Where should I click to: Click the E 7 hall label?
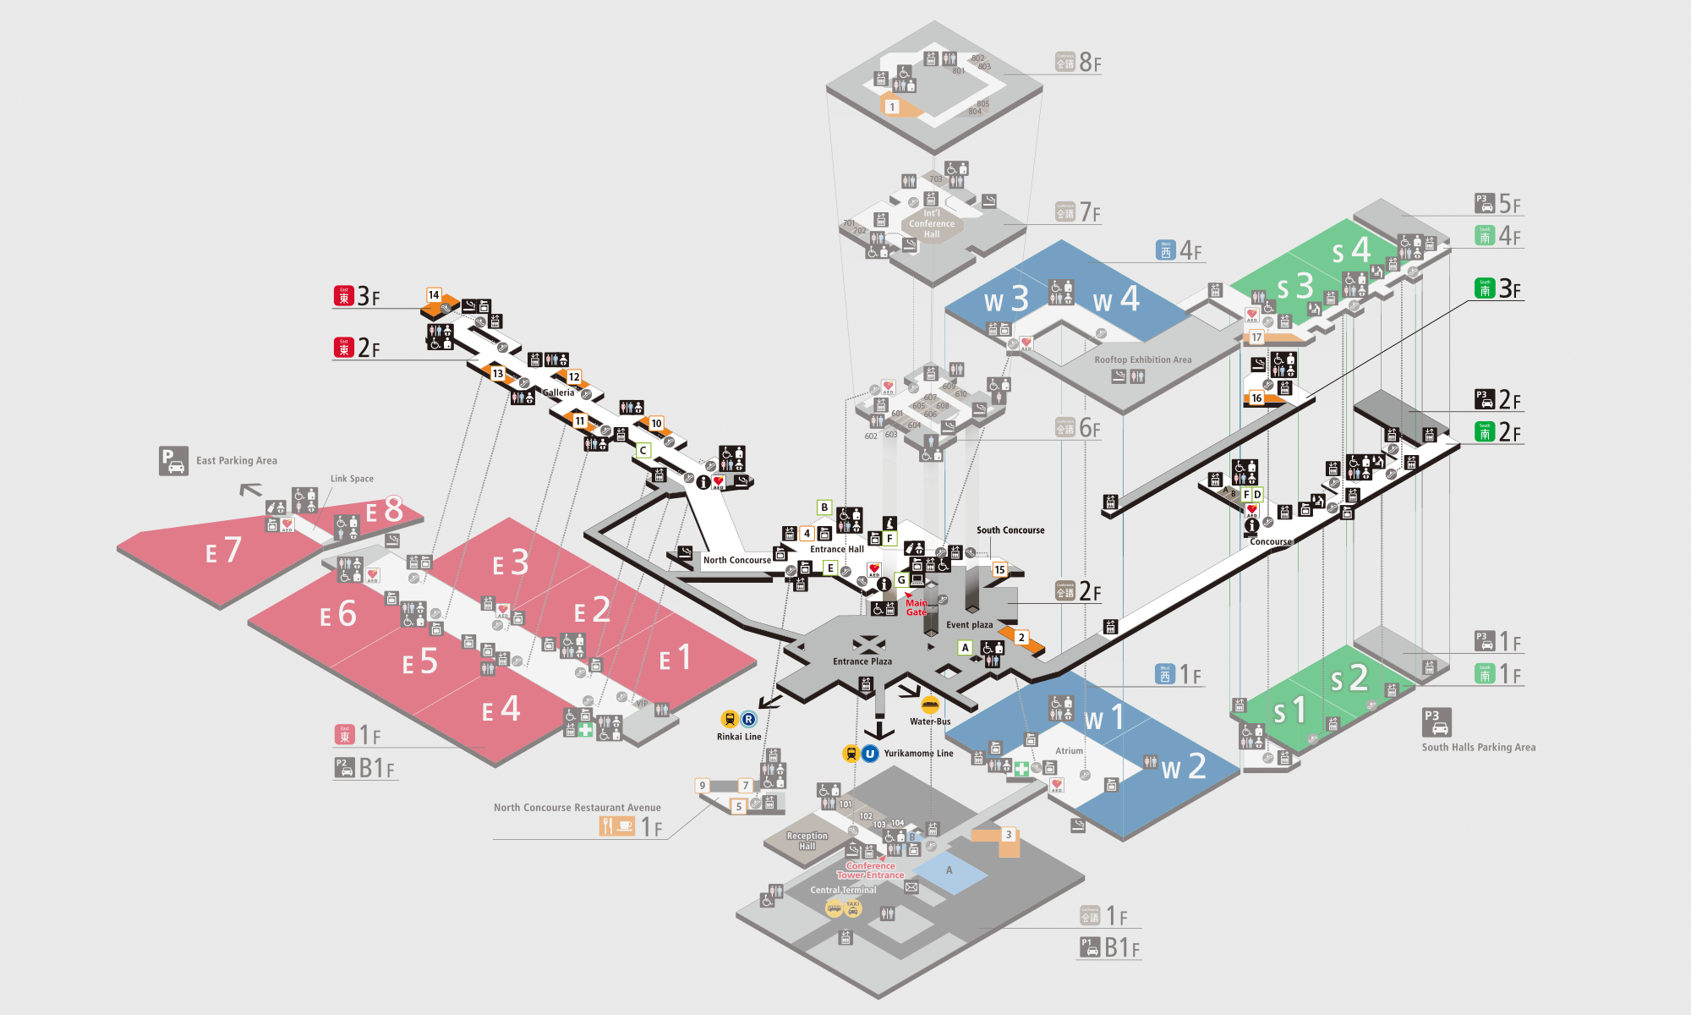224,551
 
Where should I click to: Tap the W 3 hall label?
1006,299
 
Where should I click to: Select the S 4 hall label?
1351,250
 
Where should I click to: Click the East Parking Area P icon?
173,461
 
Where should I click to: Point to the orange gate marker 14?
434,295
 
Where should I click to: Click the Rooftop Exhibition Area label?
1142,359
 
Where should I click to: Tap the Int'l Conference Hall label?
931,224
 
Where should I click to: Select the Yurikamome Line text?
918,754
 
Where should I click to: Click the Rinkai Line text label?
739,737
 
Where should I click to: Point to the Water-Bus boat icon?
930,705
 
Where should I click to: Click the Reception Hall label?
807,841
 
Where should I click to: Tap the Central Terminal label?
843,890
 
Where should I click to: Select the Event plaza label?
969,625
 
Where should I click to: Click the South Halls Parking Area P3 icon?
1437,722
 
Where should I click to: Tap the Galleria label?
558,392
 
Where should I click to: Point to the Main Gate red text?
917,607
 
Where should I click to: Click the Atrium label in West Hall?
1069,751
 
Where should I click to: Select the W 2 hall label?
1184,767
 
